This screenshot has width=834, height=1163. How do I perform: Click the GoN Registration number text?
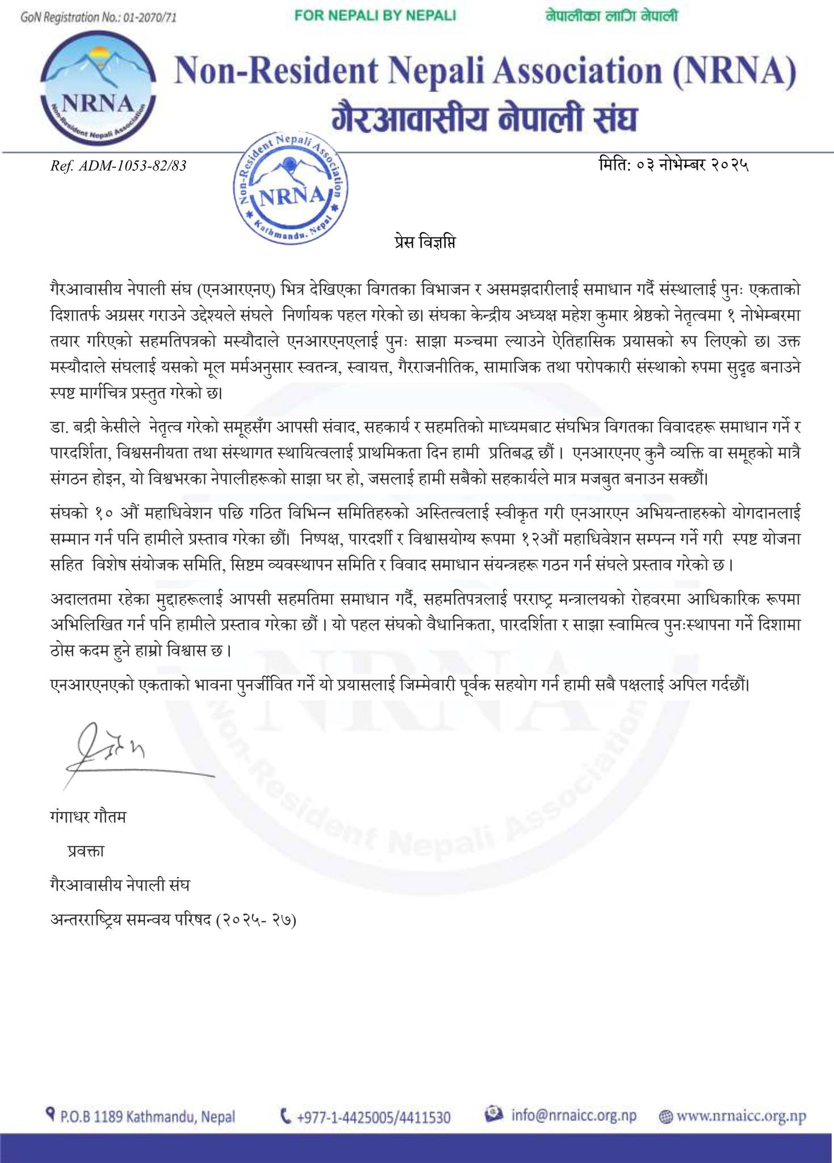click(98, 18)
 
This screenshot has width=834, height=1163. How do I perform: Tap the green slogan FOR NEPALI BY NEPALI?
click(375, 16)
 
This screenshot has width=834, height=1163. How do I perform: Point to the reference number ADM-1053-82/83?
click(118, 166)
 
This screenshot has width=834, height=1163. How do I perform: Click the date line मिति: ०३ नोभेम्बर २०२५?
click(673, 165)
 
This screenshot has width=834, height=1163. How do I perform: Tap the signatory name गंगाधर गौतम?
click(89, 817)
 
